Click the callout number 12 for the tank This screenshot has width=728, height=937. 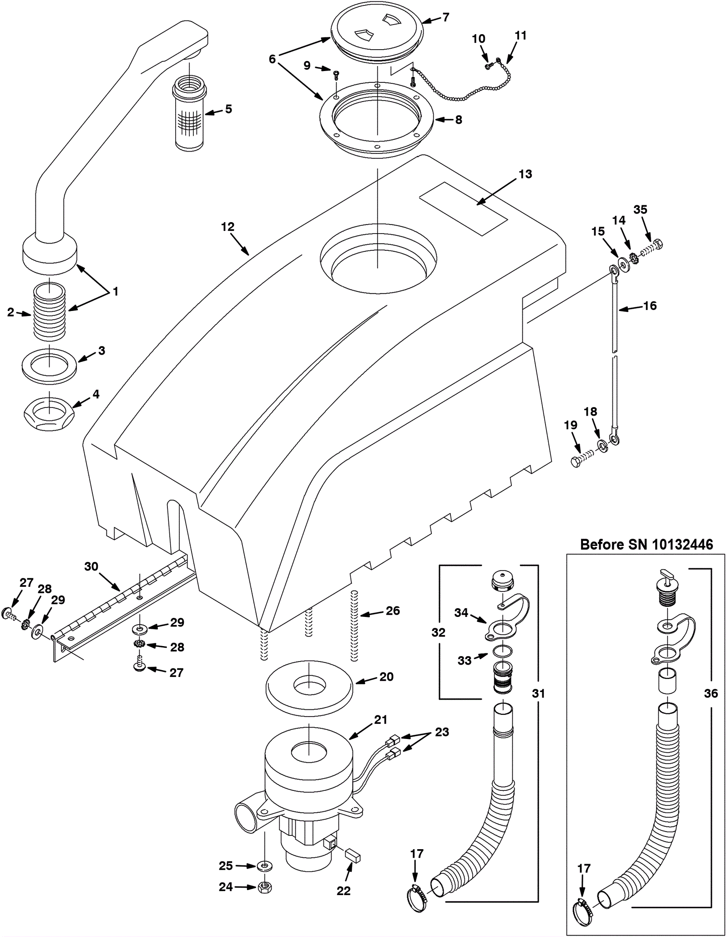click(x=227, y=227)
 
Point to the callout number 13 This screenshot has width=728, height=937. click(x=525, y=174)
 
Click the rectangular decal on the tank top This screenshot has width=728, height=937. click(x=463, y=209)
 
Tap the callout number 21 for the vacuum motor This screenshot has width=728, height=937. click(x=380, y=720)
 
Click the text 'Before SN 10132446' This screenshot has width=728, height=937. click(x=647, y=545)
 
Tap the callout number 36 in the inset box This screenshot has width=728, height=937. click(x=710, y=693)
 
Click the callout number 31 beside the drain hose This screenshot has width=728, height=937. click(x=538, y=693)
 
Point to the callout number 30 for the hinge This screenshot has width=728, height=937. click(x=91, y=566)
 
